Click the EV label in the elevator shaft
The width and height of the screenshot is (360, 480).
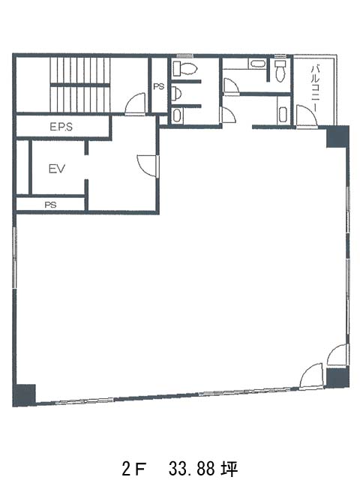click(x=57, y=169)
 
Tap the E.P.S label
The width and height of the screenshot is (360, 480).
click(x=61, y=127)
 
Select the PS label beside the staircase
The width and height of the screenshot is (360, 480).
click(x=158, y=87)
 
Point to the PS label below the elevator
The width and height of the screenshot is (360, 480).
click(x=50, y=205)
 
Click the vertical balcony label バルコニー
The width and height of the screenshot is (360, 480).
click(x=315, y=84)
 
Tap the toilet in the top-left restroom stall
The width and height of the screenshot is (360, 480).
click(x=184, y=68)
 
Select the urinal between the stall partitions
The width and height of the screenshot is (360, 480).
click(x=175, y=93)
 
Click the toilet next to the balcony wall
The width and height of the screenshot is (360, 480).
click(x=280, y=70)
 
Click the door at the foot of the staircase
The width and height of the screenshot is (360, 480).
click(x=135, y=103)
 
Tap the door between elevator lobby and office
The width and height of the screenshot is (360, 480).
click(x=148, y=166)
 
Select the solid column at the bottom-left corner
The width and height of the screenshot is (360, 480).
click(x=24, y=394)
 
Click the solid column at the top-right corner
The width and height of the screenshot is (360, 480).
click(x=337, y=136)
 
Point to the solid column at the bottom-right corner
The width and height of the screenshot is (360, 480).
click(x=337, y=378)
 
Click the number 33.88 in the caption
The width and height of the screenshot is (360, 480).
click(x=191, y=468)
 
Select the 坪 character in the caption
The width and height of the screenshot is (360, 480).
click(x=229, y=468)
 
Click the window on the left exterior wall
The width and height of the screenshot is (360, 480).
click(x=14, y=257)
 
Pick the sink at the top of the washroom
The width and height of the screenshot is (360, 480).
click(x=258, y=64)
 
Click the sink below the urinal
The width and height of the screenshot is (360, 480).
click(x=177, y=115)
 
